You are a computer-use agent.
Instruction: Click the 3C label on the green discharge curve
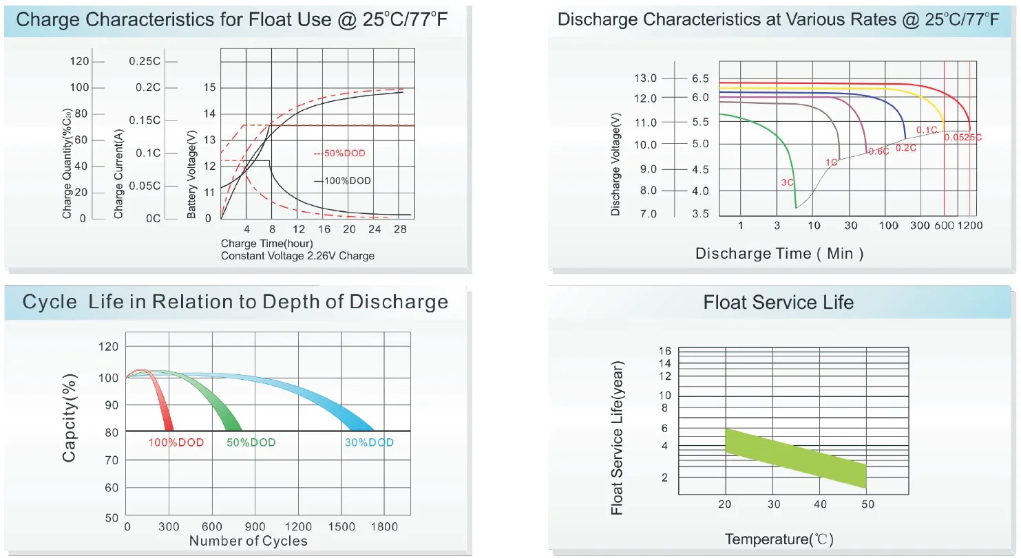click(787, 182)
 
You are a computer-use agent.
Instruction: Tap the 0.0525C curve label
click(962, 138)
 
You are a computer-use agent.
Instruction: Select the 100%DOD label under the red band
click(176, 442)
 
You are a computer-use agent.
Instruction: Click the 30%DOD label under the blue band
click(369, 442)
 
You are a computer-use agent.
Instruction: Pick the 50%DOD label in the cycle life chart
click(251, 442)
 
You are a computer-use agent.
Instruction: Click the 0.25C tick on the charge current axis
click(145, 61)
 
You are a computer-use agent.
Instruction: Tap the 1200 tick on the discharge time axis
click(969, 226)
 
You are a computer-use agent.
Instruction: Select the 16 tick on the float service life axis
click(664, 351)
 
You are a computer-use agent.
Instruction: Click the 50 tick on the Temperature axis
click(867, 504)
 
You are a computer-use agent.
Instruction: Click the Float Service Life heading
click(778, 302)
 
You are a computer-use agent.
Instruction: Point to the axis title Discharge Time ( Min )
click(779, 254)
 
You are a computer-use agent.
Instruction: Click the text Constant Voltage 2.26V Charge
click(297, 256)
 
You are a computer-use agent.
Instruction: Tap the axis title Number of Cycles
click(249, 541)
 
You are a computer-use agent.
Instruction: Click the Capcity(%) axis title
click(70, 418)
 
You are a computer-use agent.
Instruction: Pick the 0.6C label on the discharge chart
click(878, 151)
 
